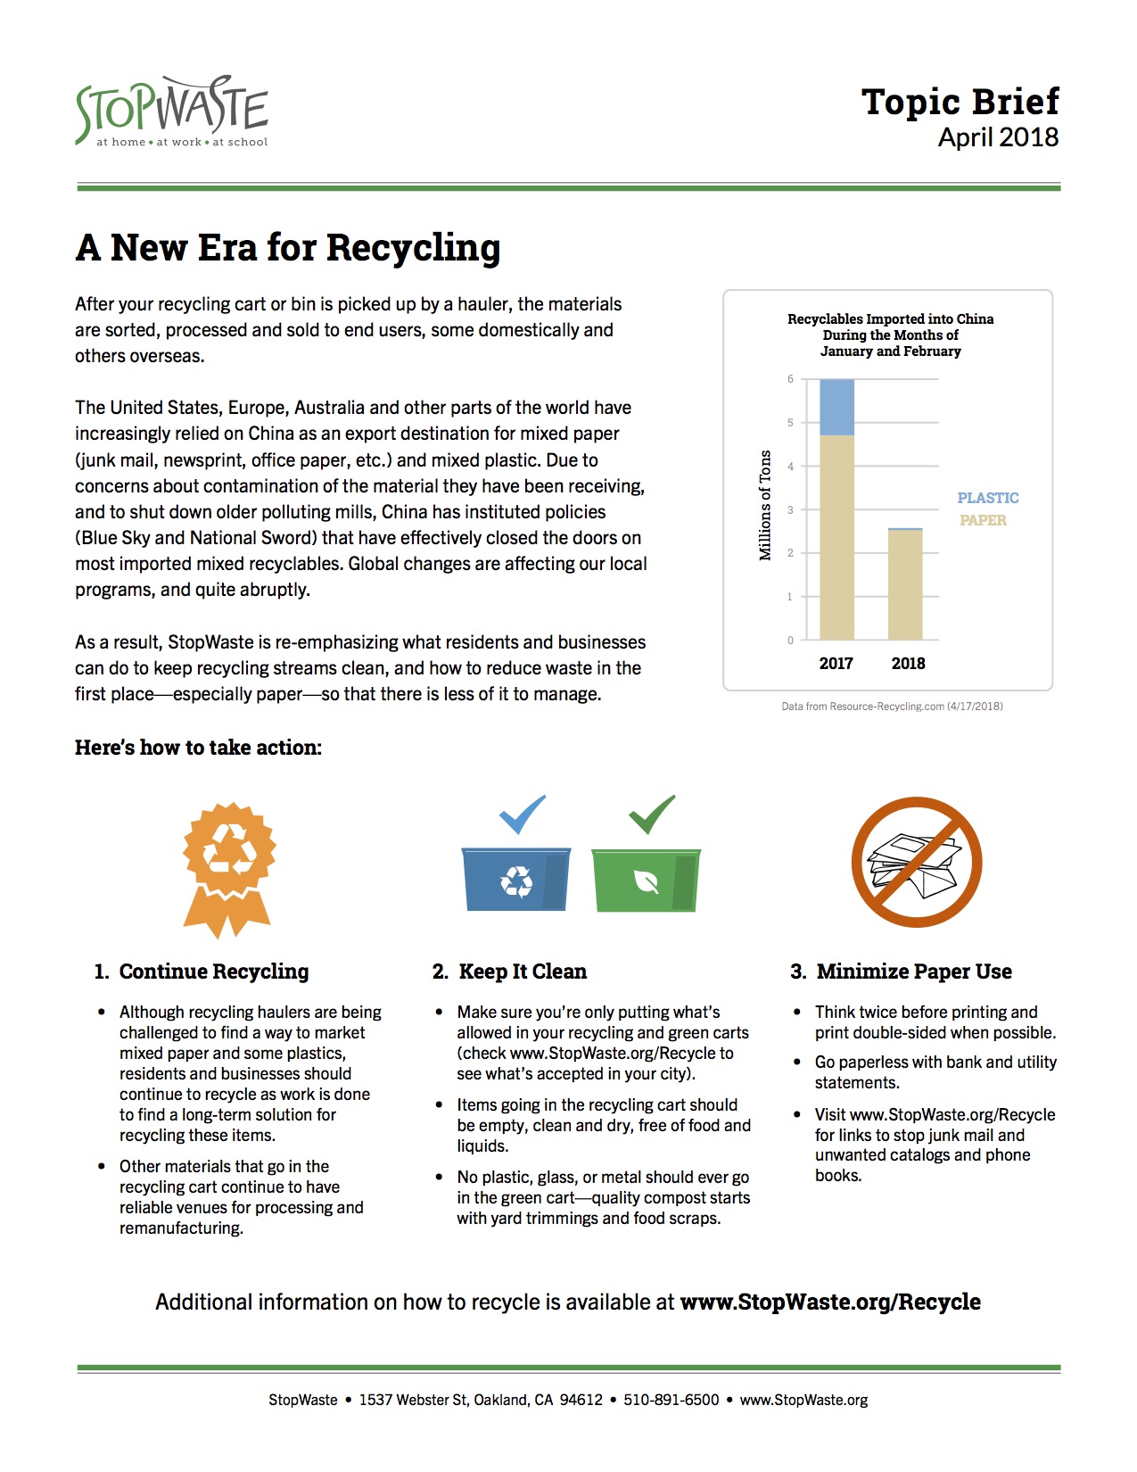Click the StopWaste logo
click(x=172, y=111)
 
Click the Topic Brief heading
click(x=960, y=102)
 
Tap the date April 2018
click(x=998, y=137)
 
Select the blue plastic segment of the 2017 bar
click(x=836, y=408)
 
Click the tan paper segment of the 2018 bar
click(x=905, y=584)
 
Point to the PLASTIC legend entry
click(x=987, y=498)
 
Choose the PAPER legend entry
click(x=983, y=520)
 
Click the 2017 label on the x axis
click(x=836, y=663)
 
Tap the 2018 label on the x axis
click(x=908, y=663)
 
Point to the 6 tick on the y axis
click(x=790, y=379)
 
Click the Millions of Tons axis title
click(x=765, y=505)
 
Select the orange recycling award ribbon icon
click(x=228, y=868)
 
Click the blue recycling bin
click(x=516, y=879)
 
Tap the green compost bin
click(x=647, y=880)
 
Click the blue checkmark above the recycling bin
click(x=522, y=813)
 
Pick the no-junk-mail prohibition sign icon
click(x=916, y=862)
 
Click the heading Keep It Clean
click(x=522, y=972)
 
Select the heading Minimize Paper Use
click(x=913, y=972)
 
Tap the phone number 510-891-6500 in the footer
click(x=671, y=1400)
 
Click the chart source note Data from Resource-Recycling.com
click(x=892, y=707)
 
